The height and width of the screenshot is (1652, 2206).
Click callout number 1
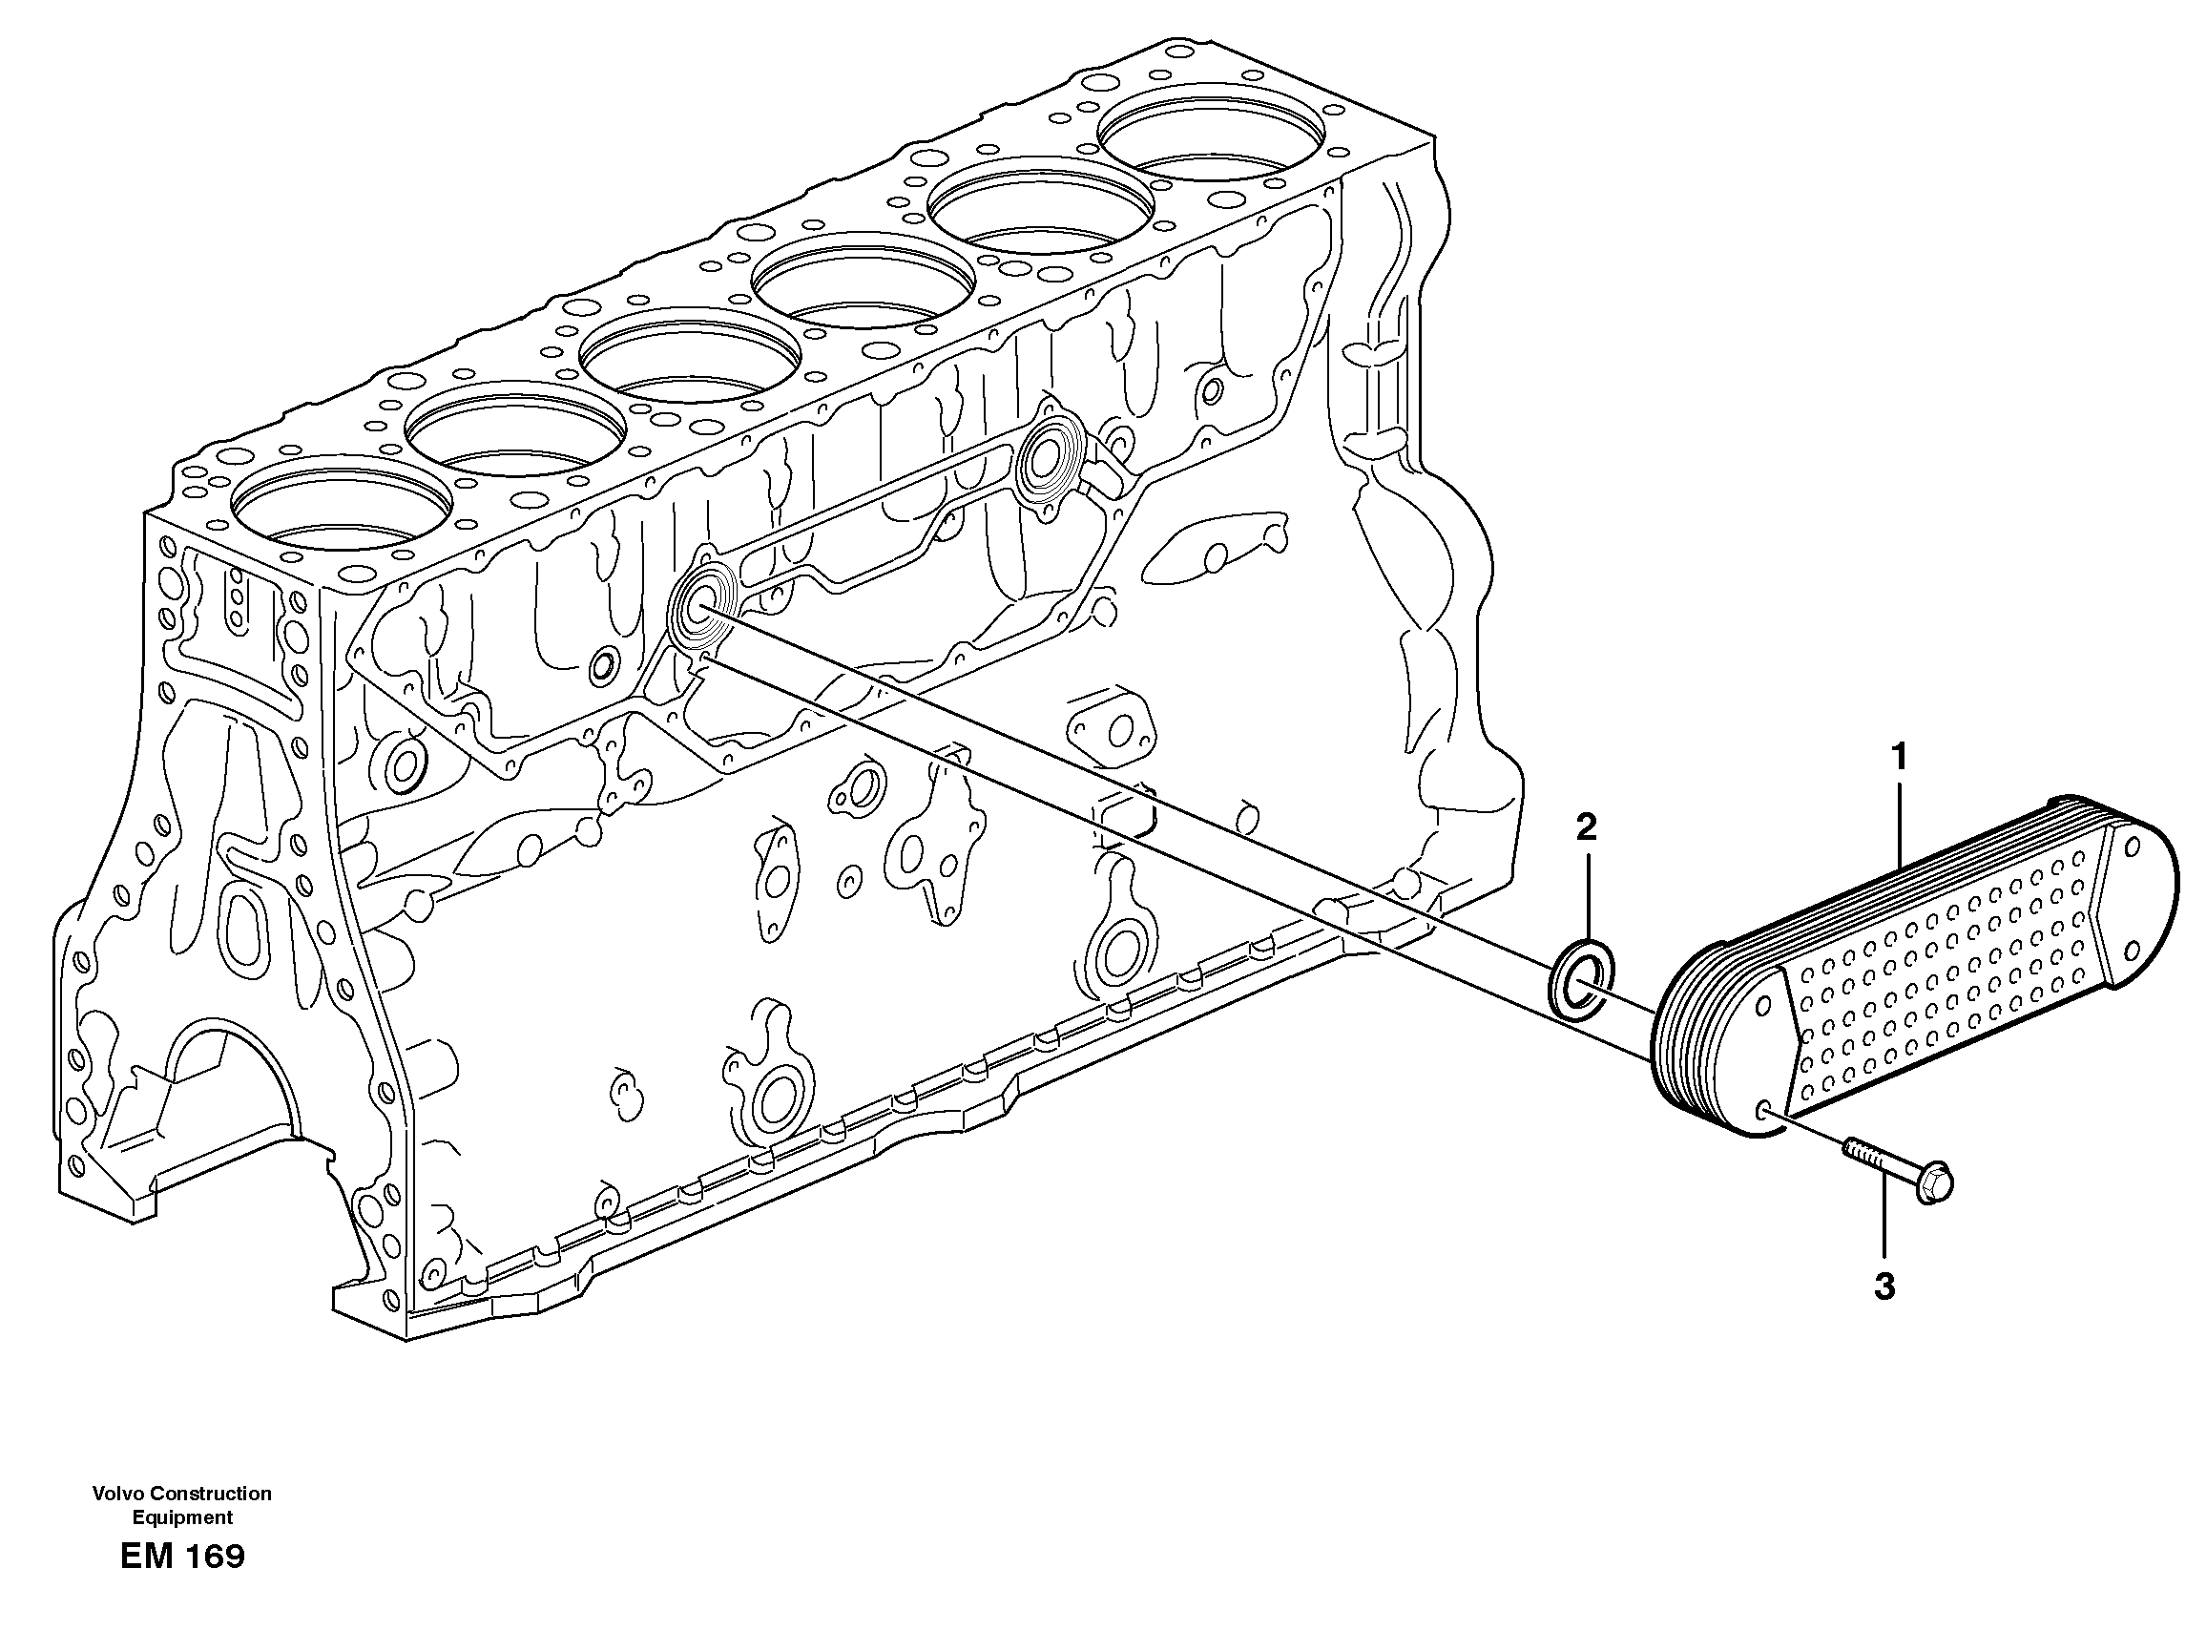[1900, 757]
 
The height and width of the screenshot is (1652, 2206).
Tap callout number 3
[1883, 1287]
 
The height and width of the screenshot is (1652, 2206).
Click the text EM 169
[181, 1557]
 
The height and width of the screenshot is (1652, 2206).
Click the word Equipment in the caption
[181, 1517]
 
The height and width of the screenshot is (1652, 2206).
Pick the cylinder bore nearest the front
[339, 509]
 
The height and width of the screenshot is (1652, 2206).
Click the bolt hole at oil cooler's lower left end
[1764, 1110]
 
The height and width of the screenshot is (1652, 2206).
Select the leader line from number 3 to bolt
[1883, 1217]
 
